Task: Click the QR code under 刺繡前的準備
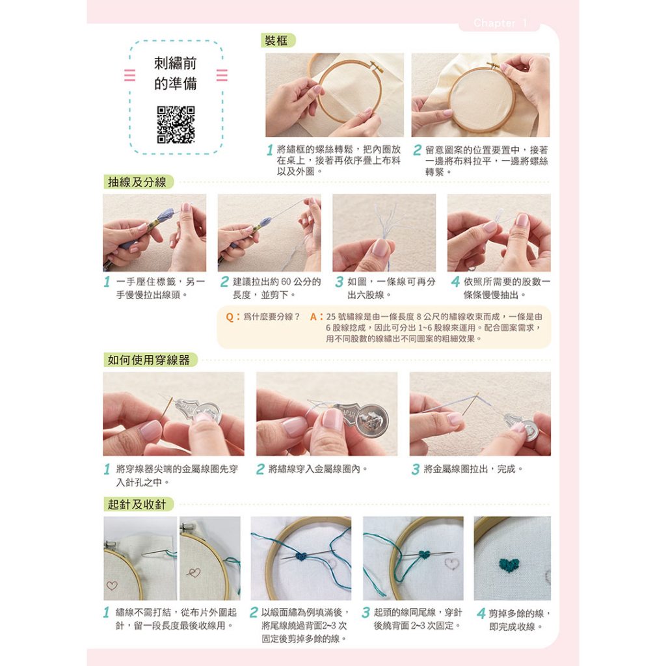click(x=176, y=124)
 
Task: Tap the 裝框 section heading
click(x=276, y=41)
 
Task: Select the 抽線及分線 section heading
click(x=137, y=182)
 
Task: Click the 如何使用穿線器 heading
click(x=149, y=360)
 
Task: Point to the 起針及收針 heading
click(x=137, y=505)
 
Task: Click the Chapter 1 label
click(x=500, y=23)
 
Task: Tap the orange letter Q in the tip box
click(x=230, y=317)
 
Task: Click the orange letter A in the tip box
click(x=314, y=317)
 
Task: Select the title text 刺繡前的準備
click(x=176, y=73)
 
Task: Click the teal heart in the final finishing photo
click(x=509, y=565)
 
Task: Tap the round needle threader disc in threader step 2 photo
click(x=372, y=420)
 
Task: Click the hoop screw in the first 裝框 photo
click(x=376, y=66)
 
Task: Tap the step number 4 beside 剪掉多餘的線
click(x=481, y=614)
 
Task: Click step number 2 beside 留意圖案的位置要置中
click(x=418, y=150)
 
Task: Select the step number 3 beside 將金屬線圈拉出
click(x=416, y=470)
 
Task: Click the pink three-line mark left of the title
click(x=129, y=75)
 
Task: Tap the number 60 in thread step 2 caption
click(x=286, y=282)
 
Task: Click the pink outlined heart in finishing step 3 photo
click(x=451, y=563)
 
